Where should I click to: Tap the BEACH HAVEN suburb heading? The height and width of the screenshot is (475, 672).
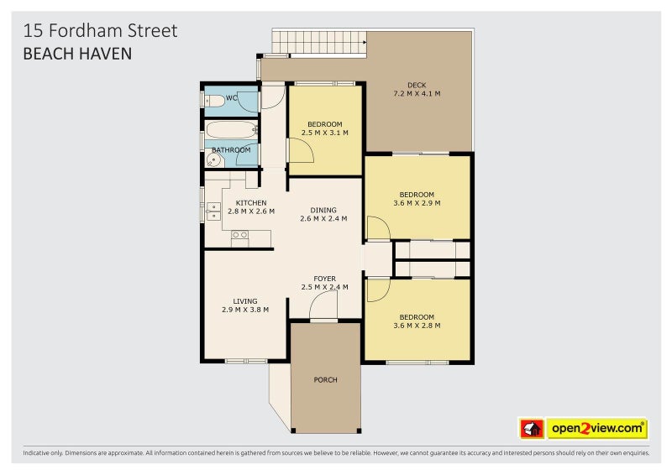pos(77,53)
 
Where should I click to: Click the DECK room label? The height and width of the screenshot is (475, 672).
pos(417,85)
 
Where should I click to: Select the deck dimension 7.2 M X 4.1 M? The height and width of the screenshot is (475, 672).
pos(417,93)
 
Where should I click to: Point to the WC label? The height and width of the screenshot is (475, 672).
pos(232,98)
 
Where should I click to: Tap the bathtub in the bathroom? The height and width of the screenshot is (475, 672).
pos(231,130)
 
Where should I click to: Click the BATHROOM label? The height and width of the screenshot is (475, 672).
pos(231,150)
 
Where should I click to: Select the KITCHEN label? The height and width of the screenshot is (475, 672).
pos(251,203)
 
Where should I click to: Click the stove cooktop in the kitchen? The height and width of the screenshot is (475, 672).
pos(239,235)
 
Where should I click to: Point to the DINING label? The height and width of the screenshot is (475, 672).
pos(323,211)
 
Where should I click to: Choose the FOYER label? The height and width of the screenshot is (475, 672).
pos(325,279)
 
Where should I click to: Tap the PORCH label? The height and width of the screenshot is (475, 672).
pos(325,380)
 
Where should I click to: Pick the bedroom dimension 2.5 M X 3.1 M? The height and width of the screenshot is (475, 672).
pos(324,133)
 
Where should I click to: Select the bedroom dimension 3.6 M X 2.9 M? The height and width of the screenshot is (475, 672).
pos(417,203)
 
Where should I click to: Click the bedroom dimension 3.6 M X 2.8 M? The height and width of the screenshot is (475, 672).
pos(417,326)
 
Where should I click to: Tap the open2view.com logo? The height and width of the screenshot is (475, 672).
pos(597,429)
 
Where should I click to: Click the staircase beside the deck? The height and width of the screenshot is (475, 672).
pos(320,41)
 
